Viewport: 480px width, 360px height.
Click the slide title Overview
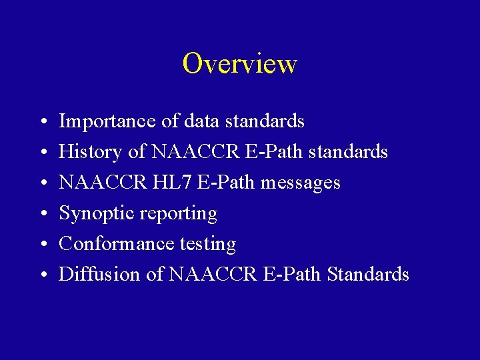pos(239,64)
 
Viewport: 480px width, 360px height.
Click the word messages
pos(301,183)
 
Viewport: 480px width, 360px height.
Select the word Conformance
pos(117,244)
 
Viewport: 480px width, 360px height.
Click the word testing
pos(208,245)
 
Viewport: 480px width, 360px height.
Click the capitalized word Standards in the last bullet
pos(368,275)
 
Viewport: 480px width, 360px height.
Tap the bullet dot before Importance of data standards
pos(41,123)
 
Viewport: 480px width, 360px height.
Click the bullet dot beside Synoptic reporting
pos(41,215)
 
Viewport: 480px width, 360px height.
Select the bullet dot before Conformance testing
pos(41,245)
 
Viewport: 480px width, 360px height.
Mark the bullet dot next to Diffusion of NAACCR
pos(41,276)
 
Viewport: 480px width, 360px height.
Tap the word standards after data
pos(265,121)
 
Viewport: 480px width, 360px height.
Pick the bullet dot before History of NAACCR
pos(41,153)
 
